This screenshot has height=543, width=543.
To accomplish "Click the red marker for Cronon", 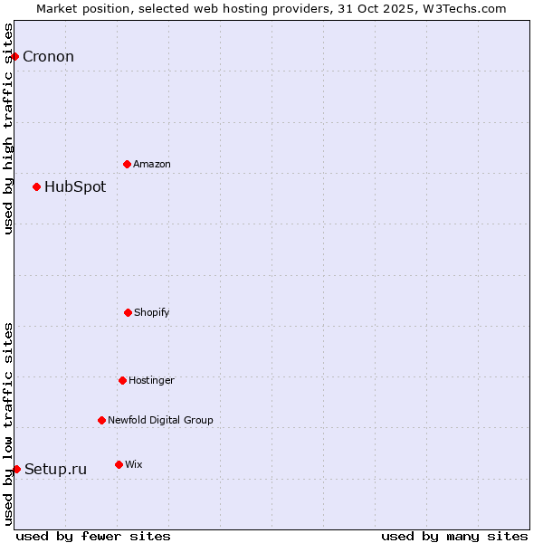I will (14, 56).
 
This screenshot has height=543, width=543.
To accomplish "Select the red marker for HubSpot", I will (36, 186).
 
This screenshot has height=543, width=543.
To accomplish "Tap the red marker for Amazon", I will (127, 164).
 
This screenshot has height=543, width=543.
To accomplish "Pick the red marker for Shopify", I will (128, 312).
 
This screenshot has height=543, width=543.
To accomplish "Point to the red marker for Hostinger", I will (122, 380).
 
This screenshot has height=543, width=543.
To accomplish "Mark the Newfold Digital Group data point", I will (101, 420).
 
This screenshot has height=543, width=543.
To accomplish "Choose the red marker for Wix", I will (119, 464).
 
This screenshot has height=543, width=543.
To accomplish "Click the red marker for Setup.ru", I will (16, 469).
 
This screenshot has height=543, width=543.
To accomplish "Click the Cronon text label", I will (48, 57).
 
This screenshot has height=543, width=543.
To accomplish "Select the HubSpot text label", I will (75, 187).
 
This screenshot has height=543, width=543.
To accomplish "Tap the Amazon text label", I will (152, 165).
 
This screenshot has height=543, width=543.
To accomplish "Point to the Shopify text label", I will (152, 313).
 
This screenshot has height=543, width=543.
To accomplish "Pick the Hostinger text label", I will (151, 381).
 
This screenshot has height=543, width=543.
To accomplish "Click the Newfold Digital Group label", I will (160, 421).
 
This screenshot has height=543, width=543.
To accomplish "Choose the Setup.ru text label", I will (55, 469).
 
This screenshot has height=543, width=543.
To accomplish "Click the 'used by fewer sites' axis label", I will (93, 536).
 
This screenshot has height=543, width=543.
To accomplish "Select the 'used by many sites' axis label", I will (454, 536).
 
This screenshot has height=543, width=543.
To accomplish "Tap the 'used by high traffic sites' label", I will (8, 129).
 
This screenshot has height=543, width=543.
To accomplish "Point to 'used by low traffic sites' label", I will (8, 424).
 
